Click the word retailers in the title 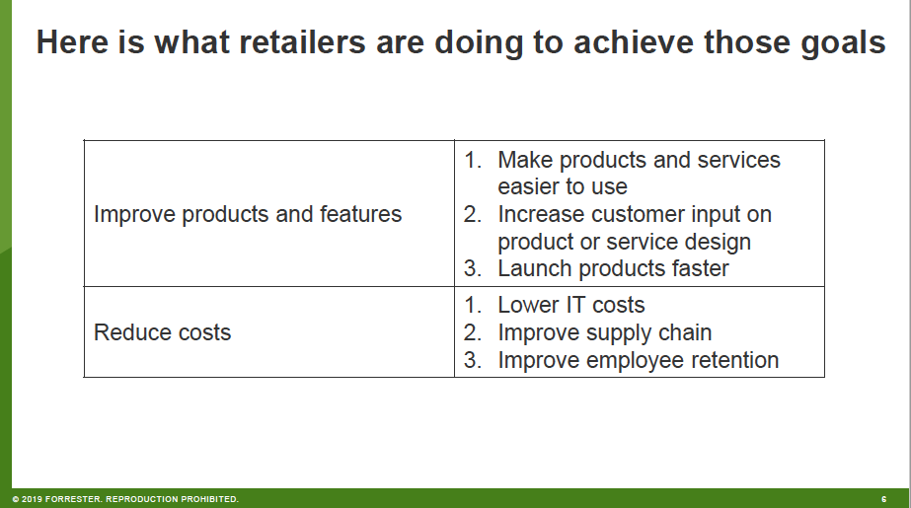point(302,42)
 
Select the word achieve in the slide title point(634,42)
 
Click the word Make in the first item point(525,160)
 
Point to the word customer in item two point(631,214)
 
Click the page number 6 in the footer point(883,499)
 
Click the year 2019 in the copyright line point(32,499)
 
